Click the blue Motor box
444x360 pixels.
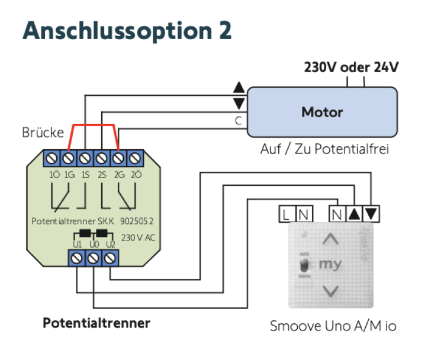[322, 112]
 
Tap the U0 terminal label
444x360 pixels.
[93, 244]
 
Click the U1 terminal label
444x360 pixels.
[77, 244]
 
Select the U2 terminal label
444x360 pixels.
[110, 244]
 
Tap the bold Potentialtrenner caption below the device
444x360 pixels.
[96, 323]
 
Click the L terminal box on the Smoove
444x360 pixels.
[287, 214]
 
